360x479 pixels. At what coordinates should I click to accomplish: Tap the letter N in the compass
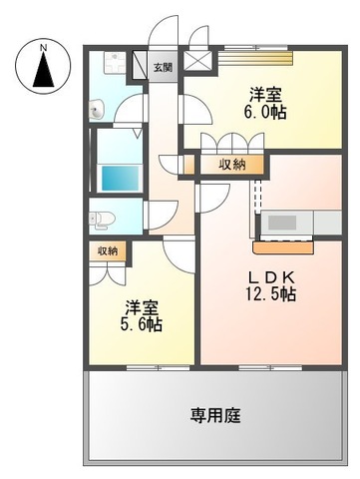tap(43, 47)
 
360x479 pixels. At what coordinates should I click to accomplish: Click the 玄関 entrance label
tap(163, 68)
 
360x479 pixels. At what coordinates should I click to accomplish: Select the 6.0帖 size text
tap(264, 114)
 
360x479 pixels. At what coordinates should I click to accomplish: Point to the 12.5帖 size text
tap(271, 294)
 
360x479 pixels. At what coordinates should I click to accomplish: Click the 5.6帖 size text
tap(143, 325)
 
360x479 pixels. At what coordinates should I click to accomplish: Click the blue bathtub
tap(120, 180)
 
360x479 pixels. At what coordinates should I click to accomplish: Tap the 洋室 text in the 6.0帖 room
tap(264, 95)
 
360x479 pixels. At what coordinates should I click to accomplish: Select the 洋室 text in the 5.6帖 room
tap(143, 306)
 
